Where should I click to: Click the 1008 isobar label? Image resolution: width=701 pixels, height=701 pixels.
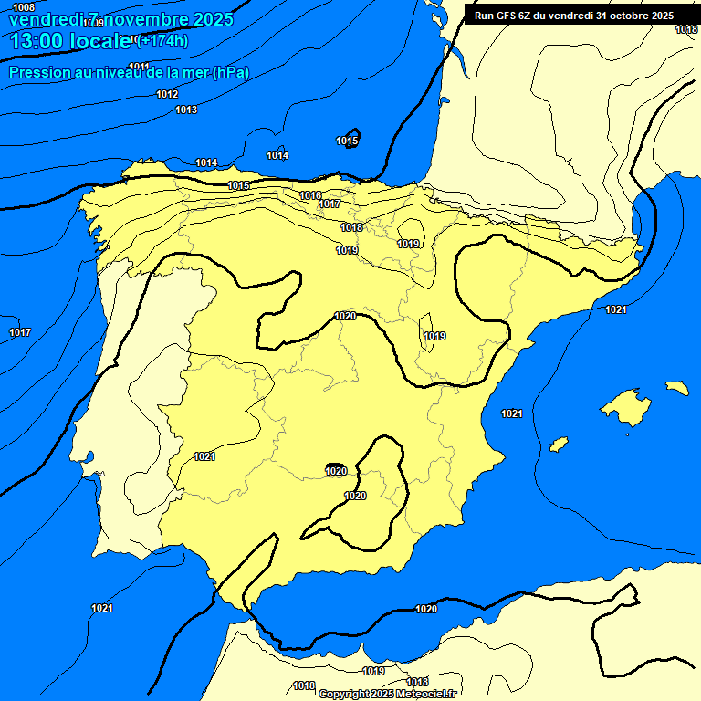[x=24, y=7]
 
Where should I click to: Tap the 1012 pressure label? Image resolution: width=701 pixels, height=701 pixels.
[x=167, y=95]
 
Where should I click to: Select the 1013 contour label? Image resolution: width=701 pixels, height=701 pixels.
[x=186, y=110]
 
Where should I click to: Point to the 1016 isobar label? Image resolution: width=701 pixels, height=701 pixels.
[x=310, y=196]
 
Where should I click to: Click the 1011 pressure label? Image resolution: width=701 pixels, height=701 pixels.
[x=140, y=67]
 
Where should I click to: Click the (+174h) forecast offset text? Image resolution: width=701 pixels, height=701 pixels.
[x=163, y=40]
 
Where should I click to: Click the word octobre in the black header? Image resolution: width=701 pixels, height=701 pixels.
[x=621, y=16]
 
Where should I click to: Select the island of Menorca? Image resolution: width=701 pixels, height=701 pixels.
[x=676, y=388]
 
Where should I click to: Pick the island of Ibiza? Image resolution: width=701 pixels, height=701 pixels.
[x=556, y=445]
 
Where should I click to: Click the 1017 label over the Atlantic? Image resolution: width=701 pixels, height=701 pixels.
[x=20, y=332]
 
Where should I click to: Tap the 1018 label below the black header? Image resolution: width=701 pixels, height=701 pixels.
[x=686, y=30]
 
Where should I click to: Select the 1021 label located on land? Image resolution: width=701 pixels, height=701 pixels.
[x=204, y=456]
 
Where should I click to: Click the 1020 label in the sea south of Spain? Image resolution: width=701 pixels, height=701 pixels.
[x=426, y=609]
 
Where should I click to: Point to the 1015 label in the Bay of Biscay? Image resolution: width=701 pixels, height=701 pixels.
[x=347, y=141]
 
